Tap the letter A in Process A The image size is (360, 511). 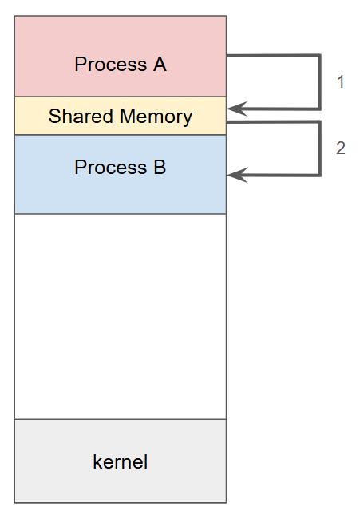(x=159, y=65)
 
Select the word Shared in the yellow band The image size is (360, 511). (x=76, y=117)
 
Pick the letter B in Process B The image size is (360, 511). (x=159, y=168)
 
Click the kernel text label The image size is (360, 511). (x=121, y=462)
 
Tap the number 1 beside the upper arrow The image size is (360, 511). (x=341, y=81)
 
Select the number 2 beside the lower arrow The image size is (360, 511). (x=341, y=149)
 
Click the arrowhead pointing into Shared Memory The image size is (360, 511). (x=234, y=109)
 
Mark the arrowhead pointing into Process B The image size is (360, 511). (x=234, y=175)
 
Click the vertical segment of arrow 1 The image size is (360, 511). (x=319, y=82)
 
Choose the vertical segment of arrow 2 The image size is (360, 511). (x=319, y=149)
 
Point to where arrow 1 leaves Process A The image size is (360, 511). (x=230, y=56)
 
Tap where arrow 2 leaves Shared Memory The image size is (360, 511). (x=230, y=122)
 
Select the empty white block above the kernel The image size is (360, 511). (x=121, y=315)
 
